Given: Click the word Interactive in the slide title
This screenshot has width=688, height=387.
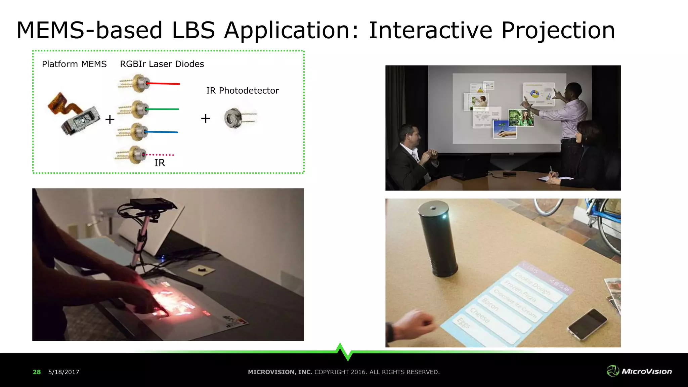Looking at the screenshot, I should click(431, 31).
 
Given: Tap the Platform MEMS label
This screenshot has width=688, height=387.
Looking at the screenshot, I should click(74, 64).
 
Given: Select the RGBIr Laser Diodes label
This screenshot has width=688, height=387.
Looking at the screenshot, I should click(162, 64).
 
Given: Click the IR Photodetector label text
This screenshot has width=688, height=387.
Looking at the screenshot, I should click(243, 91).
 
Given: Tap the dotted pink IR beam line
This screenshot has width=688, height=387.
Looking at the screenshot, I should click(160, 155).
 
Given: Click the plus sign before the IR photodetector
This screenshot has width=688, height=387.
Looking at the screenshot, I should click(206, 118).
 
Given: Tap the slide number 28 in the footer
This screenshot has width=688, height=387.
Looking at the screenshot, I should click(37, 372).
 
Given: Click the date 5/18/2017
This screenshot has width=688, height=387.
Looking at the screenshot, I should click(64, 372).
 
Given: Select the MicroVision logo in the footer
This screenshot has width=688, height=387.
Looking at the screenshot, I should click(639, 371).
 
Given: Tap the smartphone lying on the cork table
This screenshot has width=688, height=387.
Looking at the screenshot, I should click(587, 324).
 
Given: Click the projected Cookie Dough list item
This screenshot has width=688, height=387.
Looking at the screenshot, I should click(532, 284).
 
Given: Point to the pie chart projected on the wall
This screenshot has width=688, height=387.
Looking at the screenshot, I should click(534, 94).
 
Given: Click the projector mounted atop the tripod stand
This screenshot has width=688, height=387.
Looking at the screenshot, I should click(153, 204).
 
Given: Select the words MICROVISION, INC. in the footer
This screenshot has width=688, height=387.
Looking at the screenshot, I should click(280, 372).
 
